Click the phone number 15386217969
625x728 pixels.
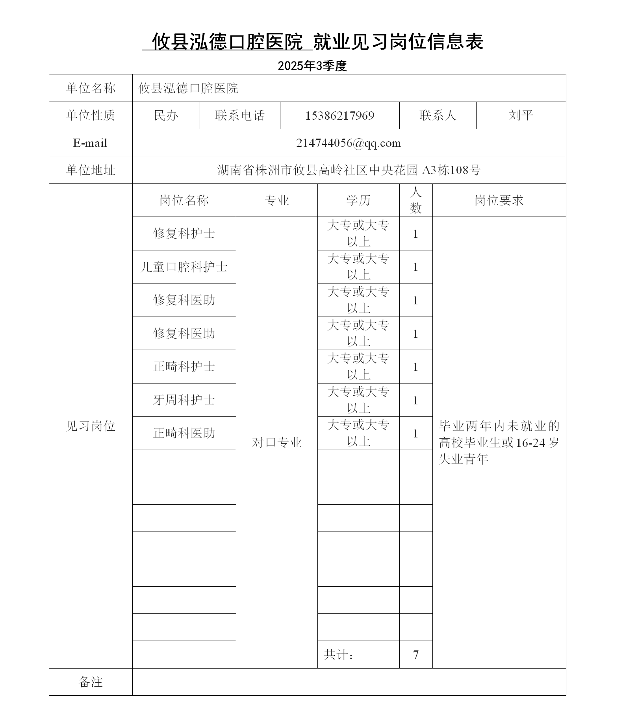[339, 115]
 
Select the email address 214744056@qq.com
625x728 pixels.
[349, 143]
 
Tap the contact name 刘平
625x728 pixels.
[521, 115]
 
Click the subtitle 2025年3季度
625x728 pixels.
[312, 66]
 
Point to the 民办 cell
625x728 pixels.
[166, 115]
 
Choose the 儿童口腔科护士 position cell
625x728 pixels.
[184, 267]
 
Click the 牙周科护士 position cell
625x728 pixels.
[184, 400]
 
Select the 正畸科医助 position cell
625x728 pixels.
[184, 433]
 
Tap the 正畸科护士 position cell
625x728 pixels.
[184, 367]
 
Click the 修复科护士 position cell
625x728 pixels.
[184, 233]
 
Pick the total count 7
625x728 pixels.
[415, 655]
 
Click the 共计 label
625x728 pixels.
[338, 655]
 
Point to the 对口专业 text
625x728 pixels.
[276, 443]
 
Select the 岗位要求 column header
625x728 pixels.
[499, 200]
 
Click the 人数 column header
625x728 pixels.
[415, 200]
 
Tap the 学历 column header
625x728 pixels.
[358, 200]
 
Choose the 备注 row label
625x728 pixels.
[91, 682]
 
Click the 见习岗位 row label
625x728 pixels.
[91, 426]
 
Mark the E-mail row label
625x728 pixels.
[90, 143]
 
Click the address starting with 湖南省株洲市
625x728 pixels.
[349, 170]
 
